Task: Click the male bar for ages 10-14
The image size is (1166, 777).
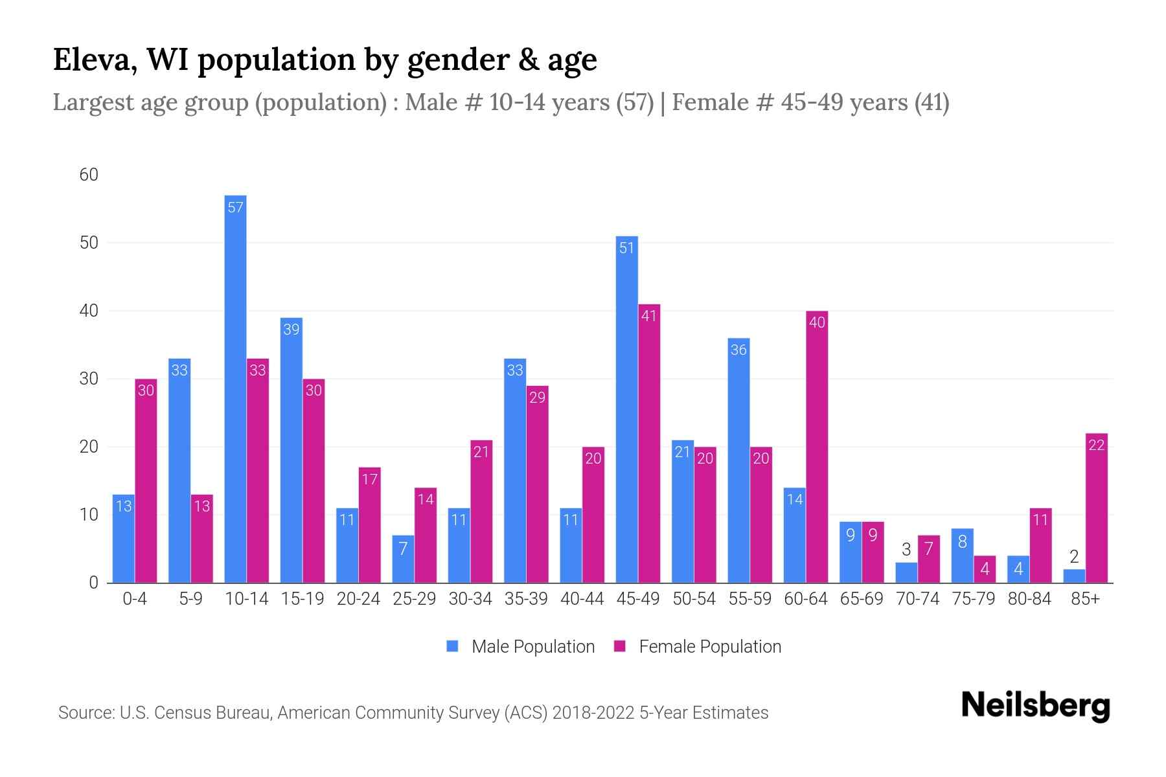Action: [235, 388]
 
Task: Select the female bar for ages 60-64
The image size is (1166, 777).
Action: [817, 447]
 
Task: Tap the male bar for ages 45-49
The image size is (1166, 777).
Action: [626, 409]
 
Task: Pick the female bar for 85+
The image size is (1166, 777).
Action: [1096, 508]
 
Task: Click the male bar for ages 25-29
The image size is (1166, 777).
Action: [403, 559]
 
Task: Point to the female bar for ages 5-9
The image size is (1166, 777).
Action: [202, 539]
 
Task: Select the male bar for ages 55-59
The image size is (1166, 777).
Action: [738, 460]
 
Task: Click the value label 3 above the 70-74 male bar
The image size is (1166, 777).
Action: [906, 550]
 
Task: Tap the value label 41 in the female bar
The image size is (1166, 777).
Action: [648, 316]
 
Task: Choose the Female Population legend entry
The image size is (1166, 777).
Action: [698, 646]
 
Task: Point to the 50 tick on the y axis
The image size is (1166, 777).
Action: [89, 243]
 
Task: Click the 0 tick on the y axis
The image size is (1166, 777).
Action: [93, 583]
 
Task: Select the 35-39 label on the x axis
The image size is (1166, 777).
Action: [526, 599]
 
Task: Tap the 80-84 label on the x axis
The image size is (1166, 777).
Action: [1029, 599]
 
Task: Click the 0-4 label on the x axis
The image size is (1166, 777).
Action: [135, 599]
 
